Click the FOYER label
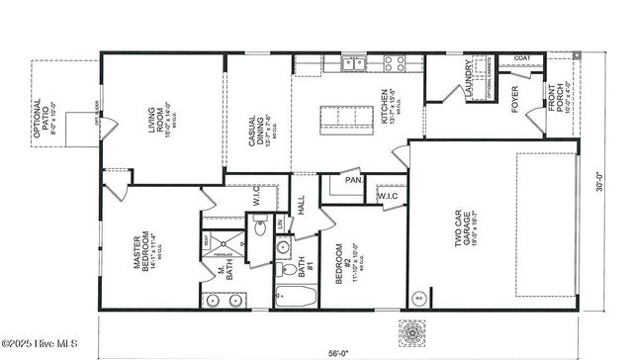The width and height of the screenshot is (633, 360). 514,100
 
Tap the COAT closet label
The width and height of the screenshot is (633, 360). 523,58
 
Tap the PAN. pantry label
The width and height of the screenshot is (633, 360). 352,180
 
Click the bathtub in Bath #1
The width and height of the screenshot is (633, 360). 296,299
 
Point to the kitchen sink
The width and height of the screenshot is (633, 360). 352,64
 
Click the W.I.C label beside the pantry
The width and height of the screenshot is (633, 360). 388,196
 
